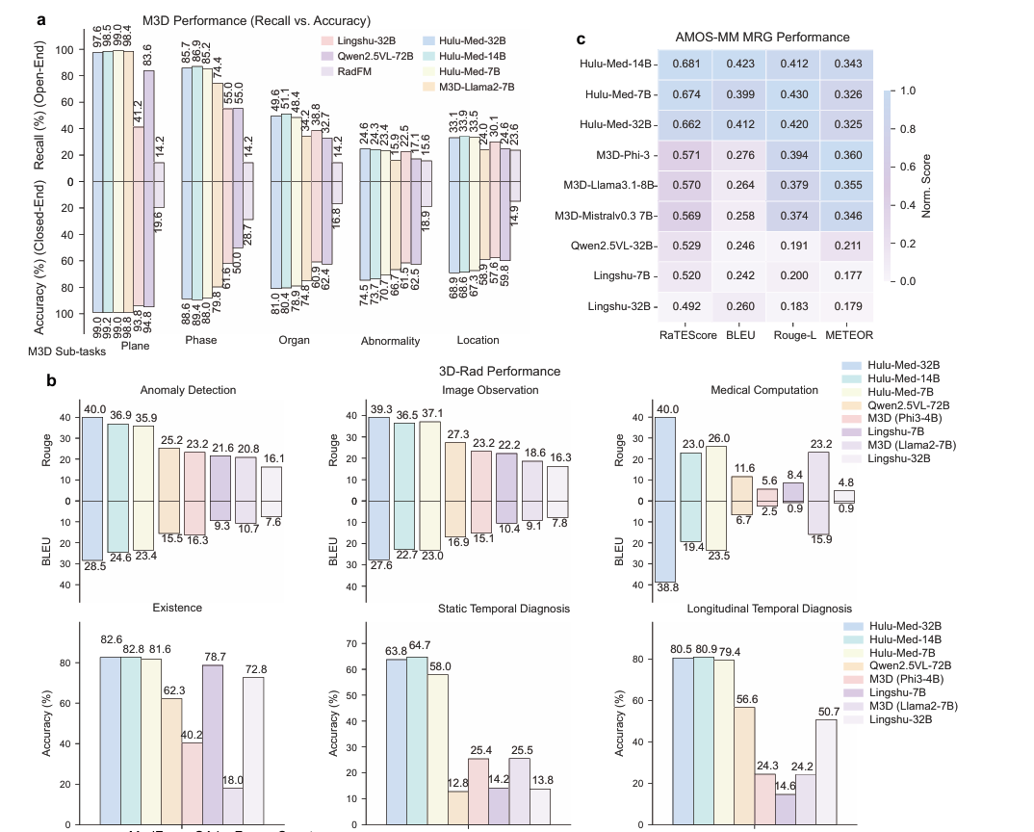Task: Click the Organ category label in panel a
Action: coord(294,340)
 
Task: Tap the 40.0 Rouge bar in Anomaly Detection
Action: coord(92,458)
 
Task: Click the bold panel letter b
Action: coord(52,381)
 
